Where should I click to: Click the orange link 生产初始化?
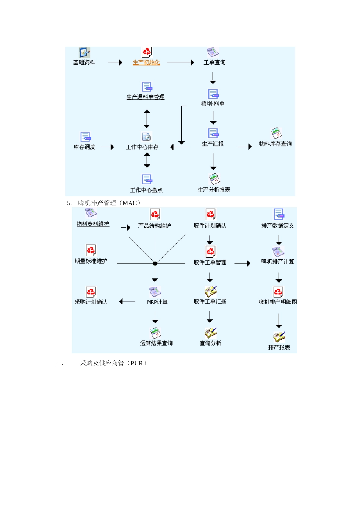click(x=146, y=62)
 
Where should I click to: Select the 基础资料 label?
click(x=84, y=62)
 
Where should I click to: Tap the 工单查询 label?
click(x=214, y=62)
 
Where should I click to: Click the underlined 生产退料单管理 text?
click(x=146, y=97)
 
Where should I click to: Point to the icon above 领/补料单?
click(x=213, y=94)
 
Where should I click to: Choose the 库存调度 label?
click(x=85, y=147)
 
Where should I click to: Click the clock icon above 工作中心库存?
click(x=147, y=136)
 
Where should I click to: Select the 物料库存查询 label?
click(x=275, y=144)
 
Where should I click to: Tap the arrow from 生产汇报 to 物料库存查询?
click(x=244, y=147)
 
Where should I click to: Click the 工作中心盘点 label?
click(x=146, y=190)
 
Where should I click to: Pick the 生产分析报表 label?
click(x=214, y=190)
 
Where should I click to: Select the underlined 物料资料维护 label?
click(x=93, y=224)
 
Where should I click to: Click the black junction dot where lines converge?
click(x=155, y=263)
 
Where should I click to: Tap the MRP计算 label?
click(x=157, y=302)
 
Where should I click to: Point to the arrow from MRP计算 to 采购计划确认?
click(x=127, y=301)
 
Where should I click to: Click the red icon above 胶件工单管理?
click(x=210, y=251)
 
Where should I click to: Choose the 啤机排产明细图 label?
click(x=278, y=302)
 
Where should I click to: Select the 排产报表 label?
click(x=279, y=347)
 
